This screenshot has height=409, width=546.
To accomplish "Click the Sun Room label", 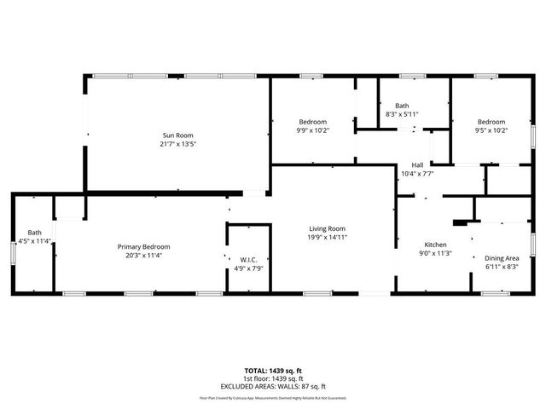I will [178, 135].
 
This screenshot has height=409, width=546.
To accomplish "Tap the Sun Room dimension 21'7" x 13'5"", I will [178, 144].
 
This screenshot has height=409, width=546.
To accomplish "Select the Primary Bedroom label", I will [140, 246].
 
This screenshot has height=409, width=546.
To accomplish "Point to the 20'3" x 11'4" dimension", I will [140, 255].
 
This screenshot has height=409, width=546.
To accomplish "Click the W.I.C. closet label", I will [249, 260].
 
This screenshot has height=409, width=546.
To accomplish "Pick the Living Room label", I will [327, 228].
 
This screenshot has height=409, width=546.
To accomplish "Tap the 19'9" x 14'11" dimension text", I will [327, 237].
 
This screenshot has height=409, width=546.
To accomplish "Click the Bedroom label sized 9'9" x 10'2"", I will [312, 122].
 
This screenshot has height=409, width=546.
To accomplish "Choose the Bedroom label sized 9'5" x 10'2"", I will [491, 122].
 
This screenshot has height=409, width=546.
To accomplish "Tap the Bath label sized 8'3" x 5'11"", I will [402, 106].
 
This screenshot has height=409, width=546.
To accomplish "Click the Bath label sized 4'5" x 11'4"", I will [34, 233].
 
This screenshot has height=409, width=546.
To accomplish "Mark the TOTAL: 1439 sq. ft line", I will [272, 370].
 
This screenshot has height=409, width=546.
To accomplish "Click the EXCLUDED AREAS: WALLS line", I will [272, 386].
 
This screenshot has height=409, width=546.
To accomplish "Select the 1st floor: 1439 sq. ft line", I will [272, 378].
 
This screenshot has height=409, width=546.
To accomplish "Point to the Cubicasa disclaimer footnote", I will [272, 397].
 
